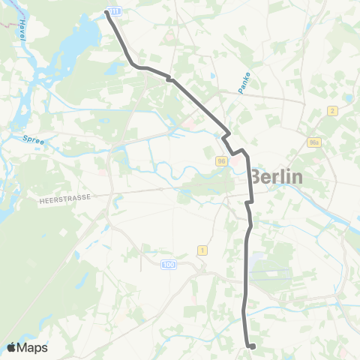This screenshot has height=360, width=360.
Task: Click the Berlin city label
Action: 276,177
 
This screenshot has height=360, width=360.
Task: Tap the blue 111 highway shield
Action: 115,11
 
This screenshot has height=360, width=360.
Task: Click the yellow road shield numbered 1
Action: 202,249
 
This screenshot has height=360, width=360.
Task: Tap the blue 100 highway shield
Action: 169,264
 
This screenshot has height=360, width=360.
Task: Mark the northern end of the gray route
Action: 106,13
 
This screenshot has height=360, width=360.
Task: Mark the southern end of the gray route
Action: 253,346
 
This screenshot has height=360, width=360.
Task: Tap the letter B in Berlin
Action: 255,177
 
